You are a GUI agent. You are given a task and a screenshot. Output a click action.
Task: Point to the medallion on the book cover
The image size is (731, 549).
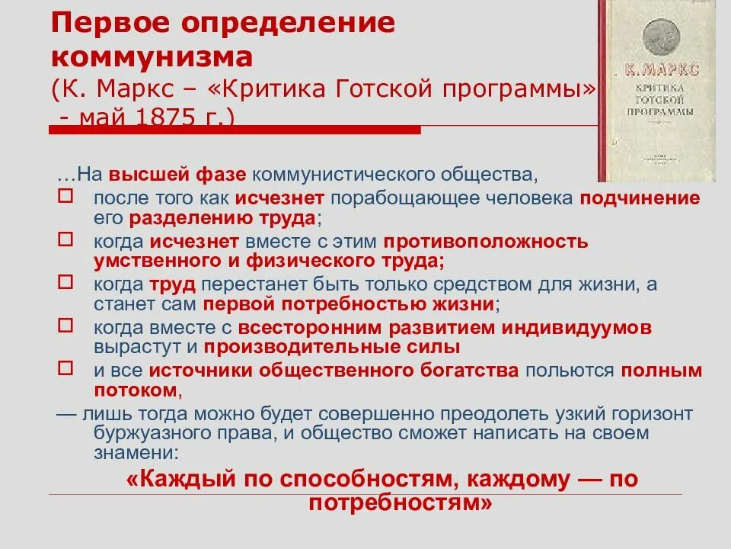(x=659, y=36)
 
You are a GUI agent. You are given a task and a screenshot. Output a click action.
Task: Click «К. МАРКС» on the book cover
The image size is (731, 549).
(x=659, y=72)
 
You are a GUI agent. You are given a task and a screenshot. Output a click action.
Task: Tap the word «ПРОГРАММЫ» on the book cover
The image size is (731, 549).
(x=659, y=111)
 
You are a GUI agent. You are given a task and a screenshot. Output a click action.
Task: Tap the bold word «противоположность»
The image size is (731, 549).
(x=485, y=242)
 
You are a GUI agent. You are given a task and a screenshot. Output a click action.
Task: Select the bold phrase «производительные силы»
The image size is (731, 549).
(x=331, y=348)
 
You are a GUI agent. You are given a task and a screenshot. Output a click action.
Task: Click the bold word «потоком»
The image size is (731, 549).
(x=136, y=390)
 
